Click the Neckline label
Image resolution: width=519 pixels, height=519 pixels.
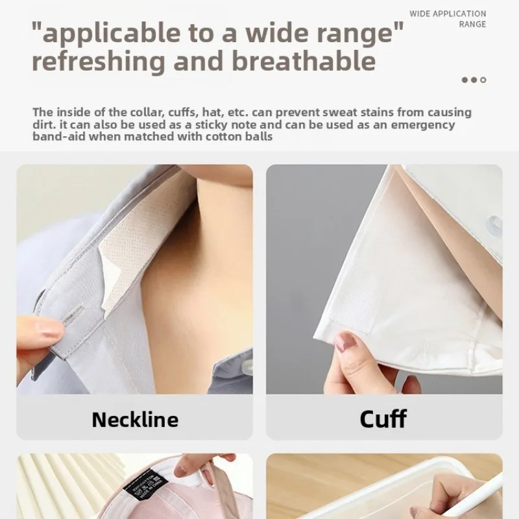click(x=134, y=419)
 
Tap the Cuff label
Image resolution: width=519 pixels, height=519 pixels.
click(x=383, y=418)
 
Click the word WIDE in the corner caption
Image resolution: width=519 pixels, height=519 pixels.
click(x=420, y=14)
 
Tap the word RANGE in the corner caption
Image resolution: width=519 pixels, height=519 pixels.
click(x=472, y=25)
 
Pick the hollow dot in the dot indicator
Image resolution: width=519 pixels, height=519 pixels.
click(x=483, y=80)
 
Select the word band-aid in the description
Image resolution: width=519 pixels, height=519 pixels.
click(x=59, y=137)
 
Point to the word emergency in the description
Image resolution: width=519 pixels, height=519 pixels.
click(x=422, y=125)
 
